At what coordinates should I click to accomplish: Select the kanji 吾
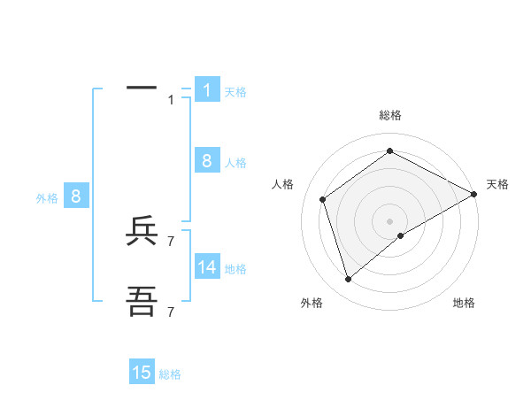(142, 303)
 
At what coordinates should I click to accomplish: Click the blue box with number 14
(207, 266)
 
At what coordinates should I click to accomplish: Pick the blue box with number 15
(142, 373)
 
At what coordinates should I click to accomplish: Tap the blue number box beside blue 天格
(207, 89)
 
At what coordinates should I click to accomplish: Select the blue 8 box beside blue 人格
(207, 160)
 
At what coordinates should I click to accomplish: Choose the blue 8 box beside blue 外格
(76, 196)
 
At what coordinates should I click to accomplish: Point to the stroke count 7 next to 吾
(171, 312)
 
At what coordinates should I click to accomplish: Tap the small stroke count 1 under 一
(171, 100)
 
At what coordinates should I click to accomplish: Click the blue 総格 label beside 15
(170, 374)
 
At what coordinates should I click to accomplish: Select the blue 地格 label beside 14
(235, 268)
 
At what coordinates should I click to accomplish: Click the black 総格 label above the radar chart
(389, 115)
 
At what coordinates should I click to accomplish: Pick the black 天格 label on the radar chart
(497, 184)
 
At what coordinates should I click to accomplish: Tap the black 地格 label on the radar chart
(464, 304)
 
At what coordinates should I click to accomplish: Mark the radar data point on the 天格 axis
(474, 194)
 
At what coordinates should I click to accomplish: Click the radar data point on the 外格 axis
(348, 280)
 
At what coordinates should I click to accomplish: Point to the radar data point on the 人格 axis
(323, 199)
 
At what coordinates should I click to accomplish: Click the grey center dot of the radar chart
(389, 221)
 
